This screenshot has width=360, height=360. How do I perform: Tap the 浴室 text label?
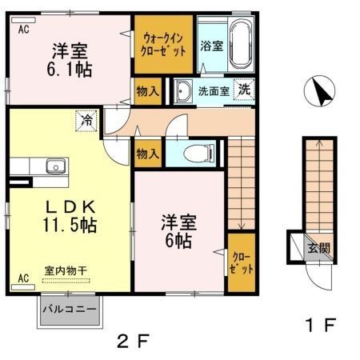click(x=211, y=45)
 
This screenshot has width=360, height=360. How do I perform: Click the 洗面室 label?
click(x=215, y=91)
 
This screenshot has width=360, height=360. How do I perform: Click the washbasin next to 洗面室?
click(x=184, y=90)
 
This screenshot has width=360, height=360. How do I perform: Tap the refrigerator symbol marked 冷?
click(x=85, y=122)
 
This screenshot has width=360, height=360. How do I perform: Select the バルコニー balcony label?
click(x=70, y=309)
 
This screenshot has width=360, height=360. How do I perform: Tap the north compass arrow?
click(x=324, y=93)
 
